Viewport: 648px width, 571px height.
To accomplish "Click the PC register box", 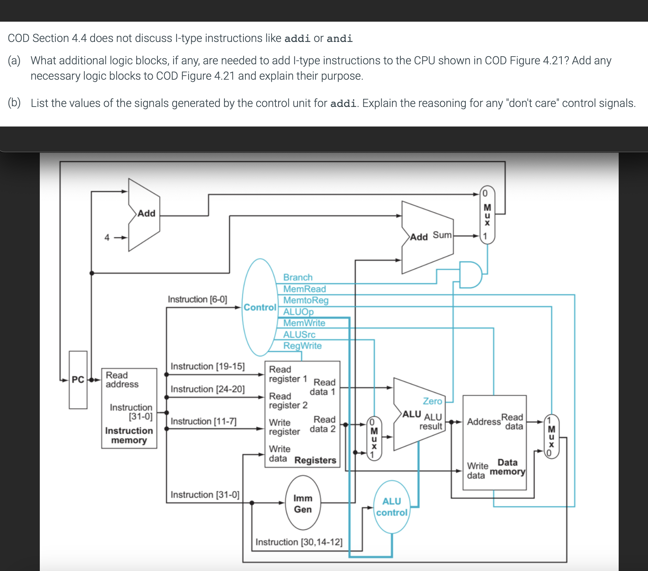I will [78, 380].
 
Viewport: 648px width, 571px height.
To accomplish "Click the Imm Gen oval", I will [303, 504].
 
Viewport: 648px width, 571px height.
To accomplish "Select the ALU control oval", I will [391, 507].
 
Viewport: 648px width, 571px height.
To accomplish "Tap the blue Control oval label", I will [260, 307].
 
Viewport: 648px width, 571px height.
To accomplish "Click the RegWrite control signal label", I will [302, 346].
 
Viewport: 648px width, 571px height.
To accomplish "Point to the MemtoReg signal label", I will [305, 300].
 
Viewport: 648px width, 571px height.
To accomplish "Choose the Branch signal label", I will [297, 277].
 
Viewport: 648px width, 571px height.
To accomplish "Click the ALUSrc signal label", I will [299, 334].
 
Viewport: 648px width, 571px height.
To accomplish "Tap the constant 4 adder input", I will [107, 238].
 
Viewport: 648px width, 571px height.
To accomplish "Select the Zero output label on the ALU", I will [432, 401].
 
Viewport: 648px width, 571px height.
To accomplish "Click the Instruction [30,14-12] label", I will [299, 542].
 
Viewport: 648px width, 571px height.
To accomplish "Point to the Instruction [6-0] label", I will [197, 299].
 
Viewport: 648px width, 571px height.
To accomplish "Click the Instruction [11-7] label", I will [204, 421].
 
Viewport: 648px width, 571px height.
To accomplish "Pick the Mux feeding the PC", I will [487, 215].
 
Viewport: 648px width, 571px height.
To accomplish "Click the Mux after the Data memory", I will [551, 436].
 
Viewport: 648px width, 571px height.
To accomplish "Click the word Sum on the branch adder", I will [442, 235].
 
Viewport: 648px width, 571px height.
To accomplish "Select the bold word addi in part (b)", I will [343, 103].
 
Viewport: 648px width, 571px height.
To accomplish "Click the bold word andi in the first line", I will [339, 38].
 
